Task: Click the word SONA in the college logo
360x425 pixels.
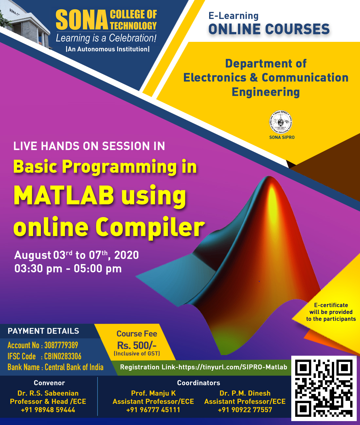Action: pos(82,20)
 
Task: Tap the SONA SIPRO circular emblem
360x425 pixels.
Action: pos(280,122)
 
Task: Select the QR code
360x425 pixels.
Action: pos(324,388)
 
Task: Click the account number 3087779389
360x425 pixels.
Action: pos(61,345)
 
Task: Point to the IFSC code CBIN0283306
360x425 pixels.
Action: pos(63,356)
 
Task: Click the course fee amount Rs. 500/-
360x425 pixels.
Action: pos(137,345)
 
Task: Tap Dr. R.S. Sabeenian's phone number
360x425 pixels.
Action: pos(48,410)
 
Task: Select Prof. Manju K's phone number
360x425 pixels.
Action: pos(153,410)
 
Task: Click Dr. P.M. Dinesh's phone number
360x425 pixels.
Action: pos(245,410)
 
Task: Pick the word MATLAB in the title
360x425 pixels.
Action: pos(64,195)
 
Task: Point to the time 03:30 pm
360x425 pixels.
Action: pos(38,269)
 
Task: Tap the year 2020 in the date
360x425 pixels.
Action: pos(127,255)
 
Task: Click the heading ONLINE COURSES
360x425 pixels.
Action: pos(269,29)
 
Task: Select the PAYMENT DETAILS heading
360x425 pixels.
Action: pos(44,331)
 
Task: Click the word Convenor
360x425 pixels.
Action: pos(49,383)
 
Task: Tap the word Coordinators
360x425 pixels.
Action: pos(199,383)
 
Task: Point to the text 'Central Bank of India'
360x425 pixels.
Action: pos(74,367)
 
